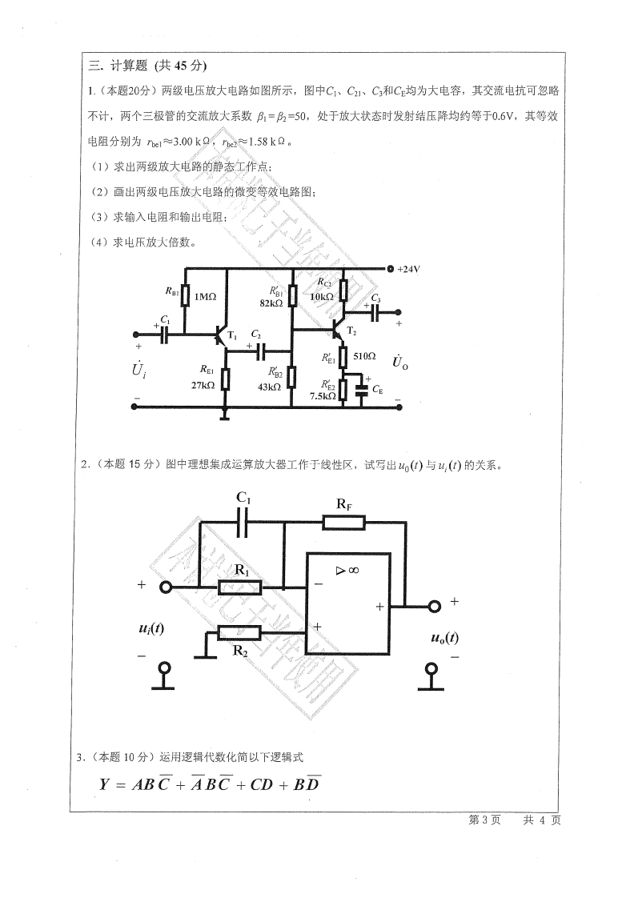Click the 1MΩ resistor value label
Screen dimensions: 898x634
[x=206, y=297]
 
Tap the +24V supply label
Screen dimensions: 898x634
[x=408, y=269]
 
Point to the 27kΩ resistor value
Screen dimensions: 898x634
[x=203, y=385]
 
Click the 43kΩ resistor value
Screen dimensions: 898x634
[x=269, y=386]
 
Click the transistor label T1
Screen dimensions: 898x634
[x=232, y=336]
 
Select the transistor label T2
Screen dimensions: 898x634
[x=351, y=331]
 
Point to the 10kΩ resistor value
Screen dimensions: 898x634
[x=322, y=297]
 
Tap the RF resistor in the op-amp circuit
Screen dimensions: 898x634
[x=344, y=522]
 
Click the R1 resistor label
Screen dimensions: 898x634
[x=243, y=570]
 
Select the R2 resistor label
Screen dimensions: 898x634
[x=239, y=651]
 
